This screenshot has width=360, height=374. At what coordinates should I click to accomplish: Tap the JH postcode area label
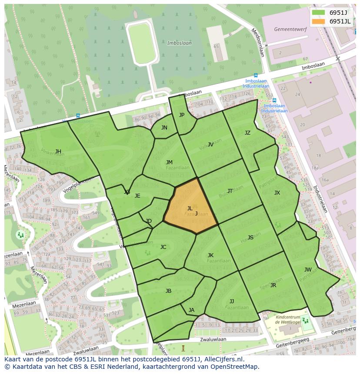58,152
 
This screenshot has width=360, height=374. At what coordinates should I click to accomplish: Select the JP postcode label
182,115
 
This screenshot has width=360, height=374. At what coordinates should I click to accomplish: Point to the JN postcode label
164,128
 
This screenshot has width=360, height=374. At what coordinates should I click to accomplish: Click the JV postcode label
210,145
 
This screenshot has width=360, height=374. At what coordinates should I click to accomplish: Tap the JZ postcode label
247,133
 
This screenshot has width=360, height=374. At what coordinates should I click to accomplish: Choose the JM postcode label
169,162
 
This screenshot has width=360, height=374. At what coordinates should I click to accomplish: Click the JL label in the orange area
190,209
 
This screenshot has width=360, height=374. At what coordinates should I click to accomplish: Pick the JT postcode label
230,191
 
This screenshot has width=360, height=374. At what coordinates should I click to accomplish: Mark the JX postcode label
277,193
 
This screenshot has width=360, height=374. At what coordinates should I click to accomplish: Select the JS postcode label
250,238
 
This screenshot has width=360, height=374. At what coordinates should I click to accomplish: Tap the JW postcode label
308,270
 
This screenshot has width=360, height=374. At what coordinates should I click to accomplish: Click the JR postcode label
273,285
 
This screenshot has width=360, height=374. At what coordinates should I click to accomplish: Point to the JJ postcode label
232,301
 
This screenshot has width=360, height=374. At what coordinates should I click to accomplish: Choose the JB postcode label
168,291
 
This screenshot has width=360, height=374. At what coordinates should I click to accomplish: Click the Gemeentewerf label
287,29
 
